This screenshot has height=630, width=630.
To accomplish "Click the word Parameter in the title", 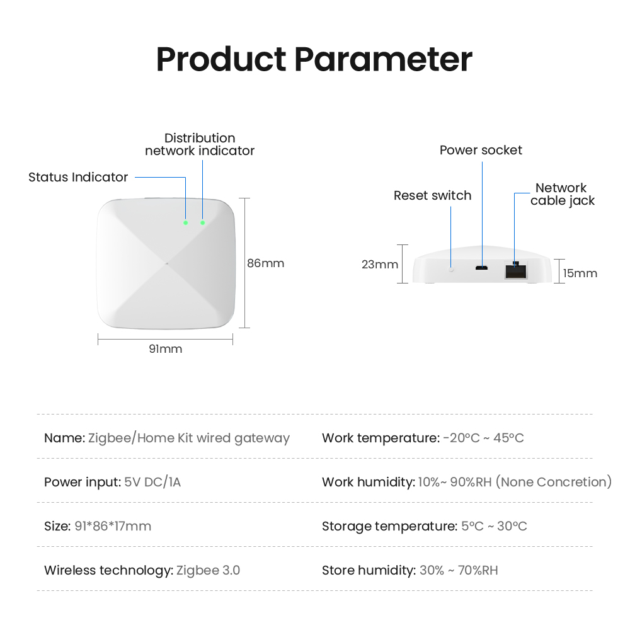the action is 383,59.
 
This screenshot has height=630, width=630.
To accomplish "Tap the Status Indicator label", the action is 78,177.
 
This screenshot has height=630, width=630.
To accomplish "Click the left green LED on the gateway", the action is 186,222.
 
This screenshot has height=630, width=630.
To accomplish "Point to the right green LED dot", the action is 202,222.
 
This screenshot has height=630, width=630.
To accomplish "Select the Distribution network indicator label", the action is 200,144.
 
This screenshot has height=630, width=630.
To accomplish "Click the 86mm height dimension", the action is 266,263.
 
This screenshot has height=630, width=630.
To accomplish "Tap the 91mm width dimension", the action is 166,349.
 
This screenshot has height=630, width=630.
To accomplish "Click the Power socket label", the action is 481,151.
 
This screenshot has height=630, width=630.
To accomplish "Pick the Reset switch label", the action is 432,196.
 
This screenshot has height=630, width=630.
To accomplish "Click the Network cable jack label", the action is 563,194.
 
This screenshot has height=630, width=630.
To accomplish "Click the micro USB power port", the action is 482,268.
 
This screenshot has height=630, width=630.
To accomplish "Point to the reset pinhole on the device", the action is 451,269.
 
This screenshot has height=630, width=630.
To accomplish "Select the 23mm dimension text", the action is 380,265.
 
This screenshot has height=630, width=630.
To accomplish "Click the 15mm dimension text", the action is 580,273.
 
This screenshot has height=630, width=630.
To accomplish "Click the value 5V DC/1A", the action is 152,482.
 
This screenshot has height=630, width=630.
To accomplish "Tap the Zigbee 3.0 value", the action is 208,571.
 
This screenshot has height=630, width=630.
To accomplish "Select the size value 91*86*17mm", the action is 113,526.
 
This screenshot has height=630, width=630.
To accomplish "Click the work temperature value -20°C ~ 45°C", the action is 483,438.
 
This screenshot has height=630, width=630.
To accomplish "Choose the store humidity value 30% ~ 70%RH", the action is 459,571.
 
